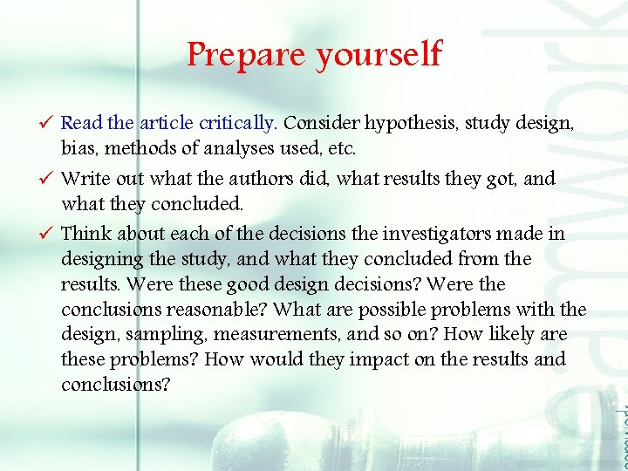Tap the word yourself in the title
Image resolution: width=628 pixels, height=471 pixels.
(x=379, y=56)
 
